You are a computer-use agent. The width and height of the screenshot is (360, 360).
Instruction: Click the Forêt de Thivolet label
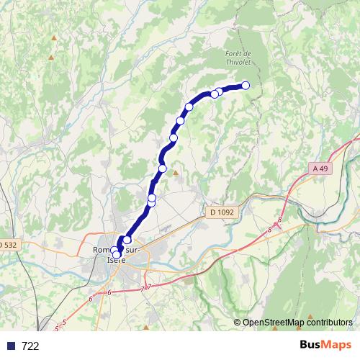click(237, 58)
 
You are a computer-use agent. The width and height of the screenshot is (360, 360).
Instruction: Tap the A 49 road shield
click(323, 168)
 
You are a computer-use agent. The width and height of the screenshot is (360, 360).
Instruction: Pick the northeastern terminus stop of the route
click(245, 85)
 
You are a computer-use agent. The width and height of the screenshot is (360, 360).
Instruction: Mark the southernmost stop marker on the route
click(117, 255)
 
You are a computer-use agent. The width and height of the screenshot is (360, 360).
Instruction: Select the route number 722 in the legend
click(31, 346)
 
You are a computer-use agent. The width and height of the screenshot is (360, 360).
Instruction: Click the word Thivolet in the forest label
click(238, 63)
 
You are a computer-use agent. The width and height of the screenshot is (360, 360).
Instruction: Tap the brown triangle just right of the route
click(174, 172)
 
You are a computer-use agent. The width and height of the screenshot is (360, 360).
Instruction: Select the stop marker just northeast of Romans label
click(127, 240)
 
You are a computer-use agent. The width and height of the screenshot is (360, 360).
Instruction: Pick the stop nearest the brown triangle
click(163, 168)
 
